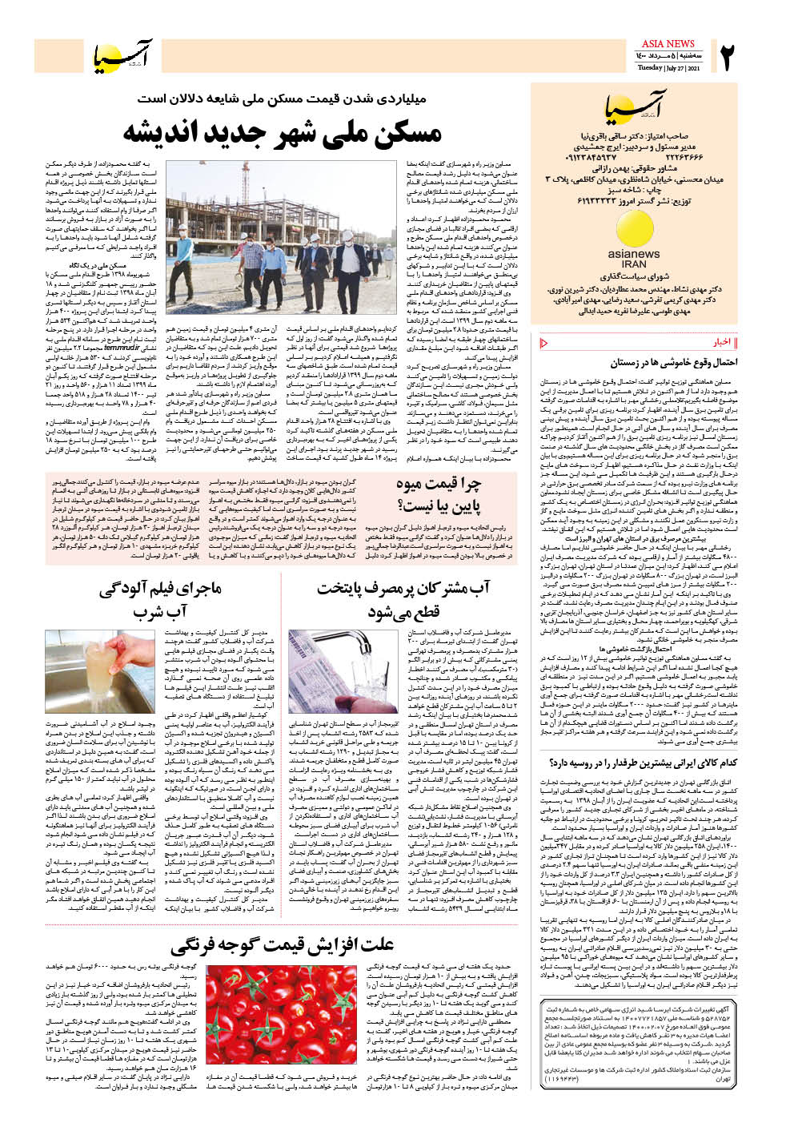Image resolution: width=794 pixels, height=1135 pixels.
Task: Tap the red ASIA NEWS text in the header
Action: pos(668,43)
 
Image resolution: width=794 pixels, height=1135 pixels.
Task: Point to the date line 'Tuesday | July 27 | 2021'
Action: pos(668,68)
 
